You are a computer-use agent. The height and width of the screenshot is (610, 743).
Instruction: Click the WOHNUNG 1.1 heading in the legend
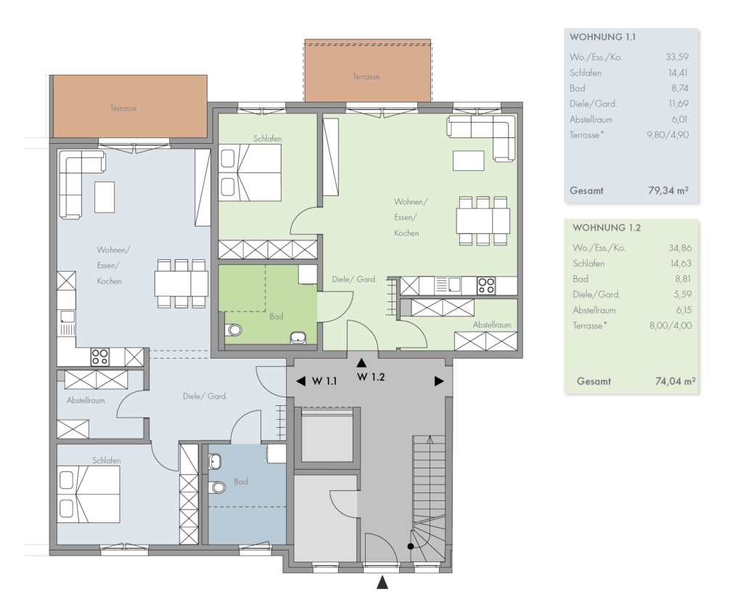point(602,37)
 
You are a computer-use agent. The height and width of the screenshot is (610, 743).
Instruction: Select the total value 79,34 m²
point(668,191)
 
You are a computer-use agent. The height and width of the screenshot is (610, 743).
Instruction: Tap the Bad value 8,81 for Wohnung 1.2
point(682,279)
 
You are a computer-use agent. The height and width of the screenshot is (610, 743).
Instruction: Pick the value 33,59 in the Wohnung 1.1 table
point(677,57)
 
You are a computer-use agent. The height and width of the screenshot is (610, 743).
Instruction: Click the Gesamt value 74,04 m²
point(676,381)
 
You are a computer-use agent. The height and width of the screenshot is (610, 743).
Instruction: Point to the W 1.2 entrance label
point(371,377)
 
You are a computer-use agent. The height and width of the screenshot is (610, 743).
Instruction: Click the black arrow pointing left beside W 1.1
point(300,381)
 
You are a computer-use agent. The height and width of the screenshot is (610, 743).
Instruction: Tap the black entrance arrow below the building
point(382,582)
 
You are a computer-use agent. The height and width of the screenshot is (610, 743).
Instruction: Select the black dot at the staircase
point(411,546)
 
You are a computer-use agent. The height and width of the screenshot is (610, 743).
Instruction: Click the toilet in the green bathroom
point(233,329)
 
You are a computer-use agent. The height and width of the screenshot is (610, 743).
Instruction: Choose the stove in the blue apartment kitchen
point(100,357)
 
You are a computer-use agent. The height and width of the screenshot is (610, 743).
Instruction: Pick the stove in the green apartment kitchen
point(486,285)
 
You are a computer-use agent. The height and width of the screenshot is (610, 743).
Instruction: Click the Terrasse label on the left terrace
point(123,108)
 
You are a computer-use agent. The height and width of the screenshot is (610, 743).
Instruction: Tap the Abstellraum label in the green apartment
point(492,325)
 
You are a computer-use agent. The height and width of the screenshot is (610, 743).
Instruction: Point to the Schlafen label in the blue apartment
point(107,460)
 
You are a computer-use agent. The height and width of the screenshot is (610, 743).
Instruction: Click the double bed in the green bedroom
point(250,173)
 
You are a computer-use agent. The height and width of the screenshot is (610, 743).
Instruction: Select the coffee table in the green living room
point(468,160)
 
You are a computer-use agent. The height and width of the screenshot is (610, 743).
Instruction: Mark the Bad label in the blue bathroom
point(241,481)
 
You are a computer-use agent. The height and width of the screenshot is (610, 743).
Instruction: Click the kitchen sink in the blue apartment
point(67,317)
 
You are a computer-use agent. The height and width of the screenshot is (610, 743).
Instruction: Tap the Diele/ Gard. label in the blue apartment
point(205,396)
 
